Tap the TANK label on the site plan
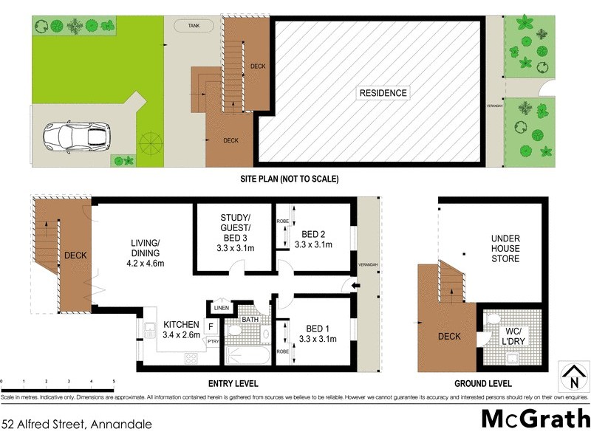pyautogui.click(x=194, y=26)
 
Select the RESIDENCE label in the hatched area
pyautogui.click(x=383, y=93)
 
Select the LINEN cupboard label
pyautogui.click(x=222, y=308)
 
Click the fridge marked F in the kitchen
pyautogui.click(x=211, y=326)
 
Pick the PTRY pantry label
pyautogui.click(x=211, y=341)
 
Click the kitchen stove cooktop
pyautogui.click(x=191, y=359)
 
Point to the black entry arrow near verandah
pyautogui.click(x=355, y=286)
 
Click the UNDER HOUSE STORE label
pyautogui.click(x=506, y=249)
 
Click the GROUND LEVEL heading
pyautogui.click(x=484, y=384)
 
